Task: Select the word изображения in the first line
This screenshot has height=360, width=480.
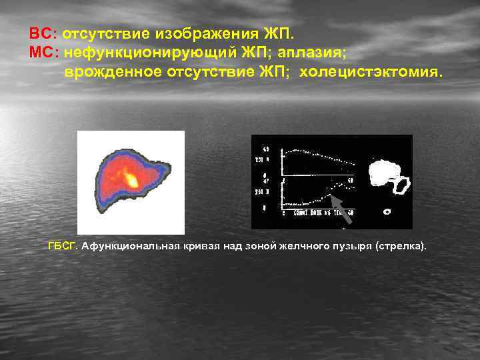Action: pyautogui.click(x=204, y=33)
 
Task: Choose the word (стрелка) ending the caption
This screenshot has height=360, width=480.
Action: pyautogui.click(x=402, y=246)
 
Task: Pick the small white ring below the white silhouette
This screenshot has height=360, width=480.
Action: pyautogui.click(x=387, y=212)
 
